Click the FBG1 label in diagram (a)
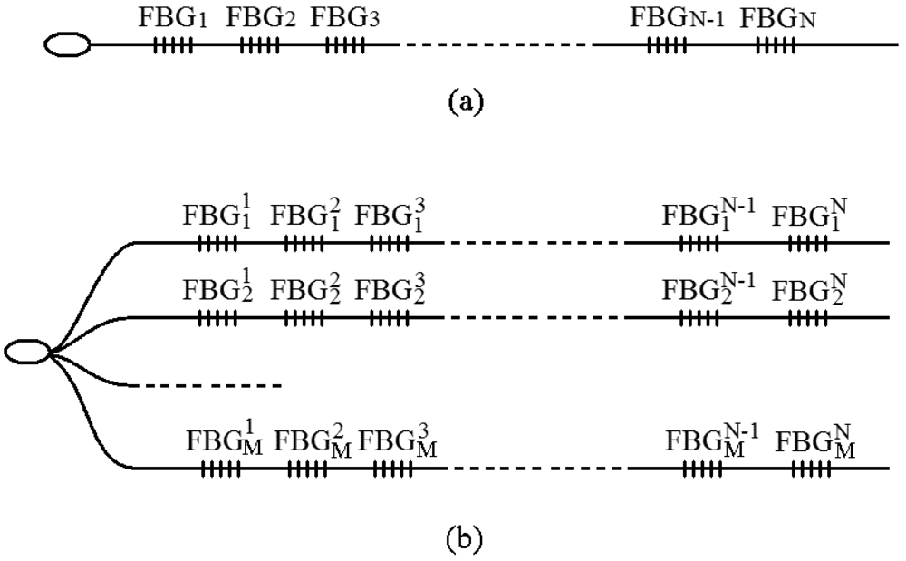(174, 17)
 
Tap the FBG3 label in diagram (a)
(344, 17)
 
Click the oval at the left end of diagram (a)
(68, 44)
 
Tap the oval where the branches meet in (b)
(27, 352)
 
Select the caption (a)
(467, 100)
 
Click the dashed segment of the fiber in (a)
(496, 44)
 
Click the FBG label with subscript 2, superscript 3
(390, 291)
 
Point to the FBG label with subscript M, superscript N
(815, 443)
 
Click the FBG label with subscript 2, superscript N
(811, 291)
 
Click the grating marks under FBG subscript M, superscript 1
(220, 469)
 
